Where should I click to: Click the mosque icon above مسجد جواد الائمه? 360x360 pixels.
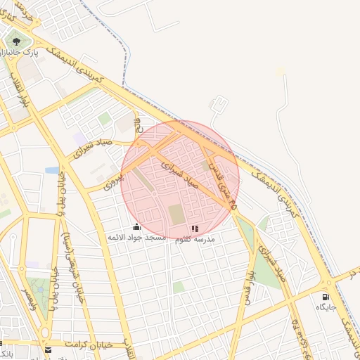click(x=136, y=226)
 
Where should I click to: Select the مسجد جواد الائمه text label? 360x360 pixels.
click(x=136, y=238)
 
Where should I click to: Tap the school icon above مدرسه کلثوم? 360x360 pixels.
click(x=195, y=229)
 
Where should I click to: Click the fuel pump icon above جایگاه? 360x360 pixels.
click(x=325, y=297)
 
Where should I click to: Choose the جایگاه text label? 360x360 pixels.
click(x=325, y=308)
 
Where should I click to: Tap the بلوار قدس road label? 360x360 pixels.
click(x=247, y=281)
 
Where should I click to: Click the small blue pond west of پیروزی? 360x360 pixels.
click(x=52, y=170)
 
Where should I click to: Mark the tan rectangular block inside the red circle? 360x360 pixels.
click(x=175, y=215)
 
